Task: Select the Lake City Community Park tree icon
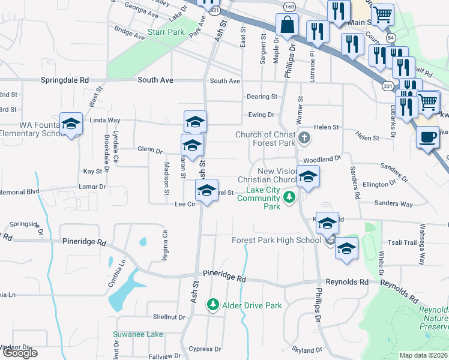coord(290,197)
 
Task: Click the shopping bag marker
coord(287,26)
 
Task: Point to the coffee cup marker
coord(427,137)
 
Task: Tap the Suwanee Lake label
coord(137,334)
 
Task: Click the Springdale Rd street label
coord(65,80)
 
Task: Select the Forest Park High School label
coord(277,241)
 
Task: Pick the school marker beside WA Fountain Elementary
coord(71,124)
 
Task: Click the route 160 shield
coord(290,7)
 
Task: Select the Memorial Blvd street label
coord(19,192)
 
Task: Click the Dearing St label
coord(262,97)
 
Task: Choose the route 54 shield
coord(391,37)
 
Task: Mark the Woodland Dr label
coord(322,160)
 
